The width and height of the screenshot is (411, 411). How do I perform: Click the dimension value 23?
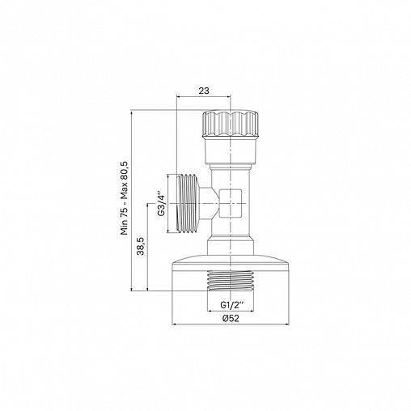click(x=204, y=91)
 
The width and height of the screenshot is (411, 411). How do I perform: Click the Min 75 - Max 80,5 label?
click(x=125, y=198)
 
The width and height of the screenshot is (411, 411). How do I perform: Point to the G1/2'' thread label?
click(x=231, y=305)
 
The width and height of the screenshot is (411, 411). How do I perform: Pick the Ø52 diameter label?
click(x=231, y=319)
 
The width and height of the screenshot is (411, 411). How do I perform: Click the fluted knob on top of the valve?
click(x=231, y=124)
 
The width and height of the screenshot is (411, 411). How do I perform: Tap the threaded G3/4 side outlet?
click(x=189, y=203)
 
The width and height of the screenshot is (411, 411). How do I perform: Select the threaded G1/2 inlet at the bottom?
click(x=231, y=281)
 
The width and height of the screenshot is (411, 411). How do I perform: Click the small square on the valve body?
click(x=231, y=203)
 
